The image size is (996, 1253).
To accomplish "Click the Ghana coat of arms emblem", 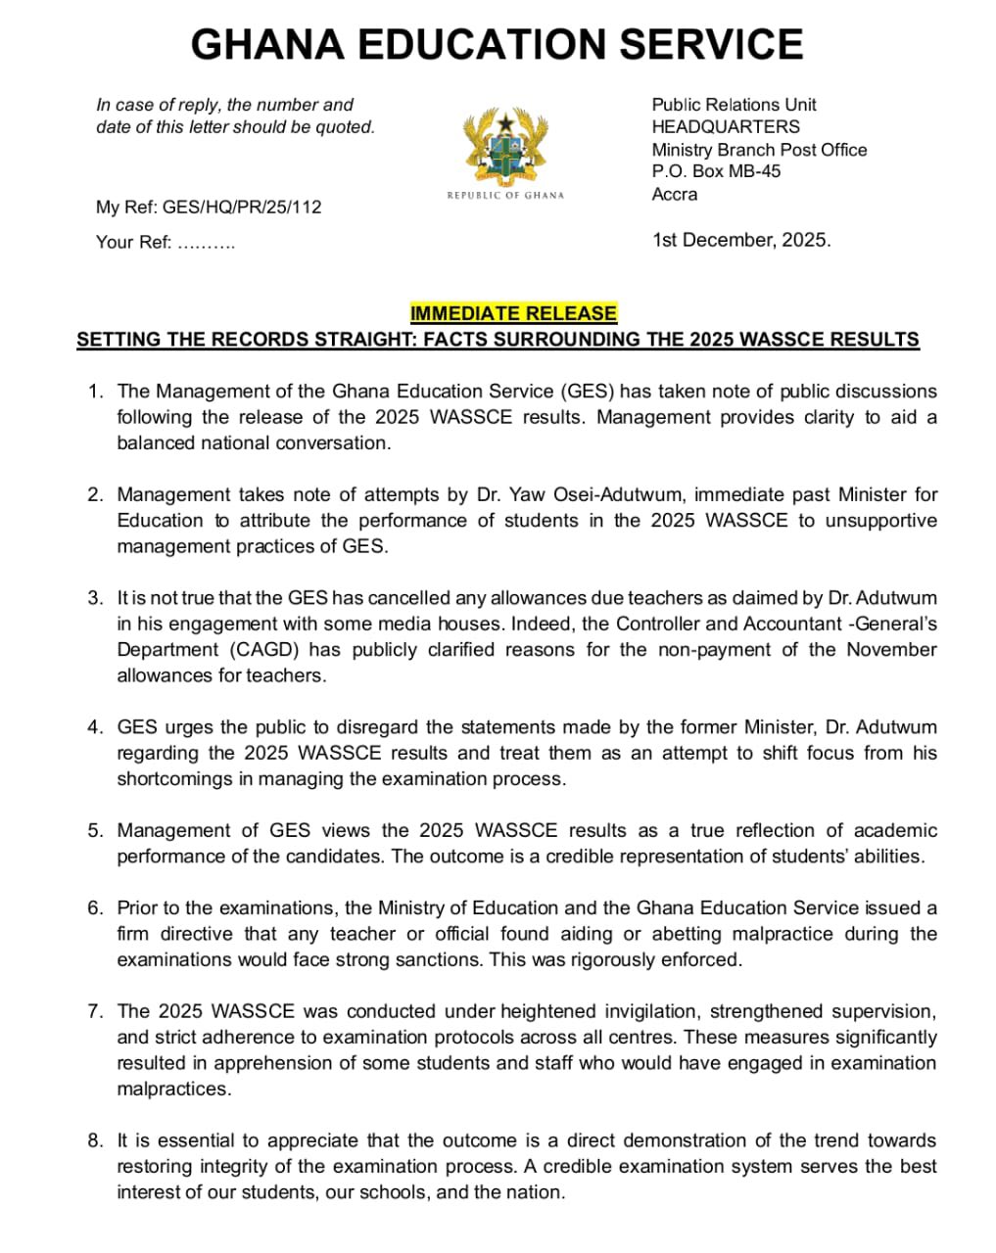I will (x=505, y=147).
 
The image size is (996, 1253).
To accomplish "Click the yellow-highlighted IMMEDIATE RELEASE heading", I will (x=513, y=313).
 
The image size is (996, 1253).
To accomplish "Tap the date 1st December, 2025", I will (x=741, y=240).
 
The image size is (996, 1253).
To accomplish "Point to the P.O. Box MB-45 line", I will (x=716, y=171).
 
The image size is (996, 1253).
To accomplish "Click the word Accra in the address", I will (x=675, y=194).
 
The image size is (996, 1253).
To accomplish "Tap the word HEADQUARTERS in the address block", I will (x=726, y=126).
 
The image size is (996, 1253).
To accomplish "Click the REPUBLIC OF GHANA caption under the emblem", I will (x=505, y=195).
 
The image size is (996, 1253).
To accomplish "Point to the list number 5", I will (x=95, y=830).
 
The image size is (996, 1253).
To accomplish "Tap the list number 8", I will (x=95, y=1140).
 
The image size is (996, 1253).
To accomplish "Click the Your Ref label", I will (x=133, y=243).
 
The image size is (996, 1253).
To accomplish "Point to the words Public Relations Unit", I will (x=734, y=104).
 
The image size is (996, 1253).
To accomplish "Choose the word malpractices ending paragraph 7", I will (x=171, y=1089).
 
